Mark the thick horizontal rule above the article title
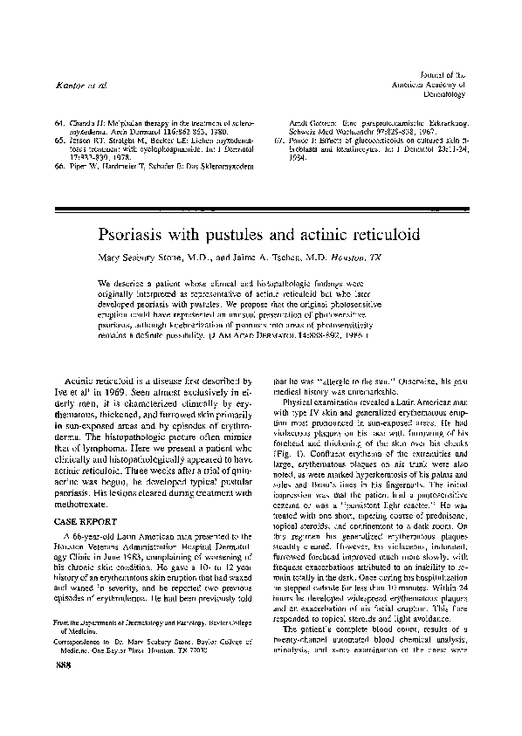click(x=261, y=210)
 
